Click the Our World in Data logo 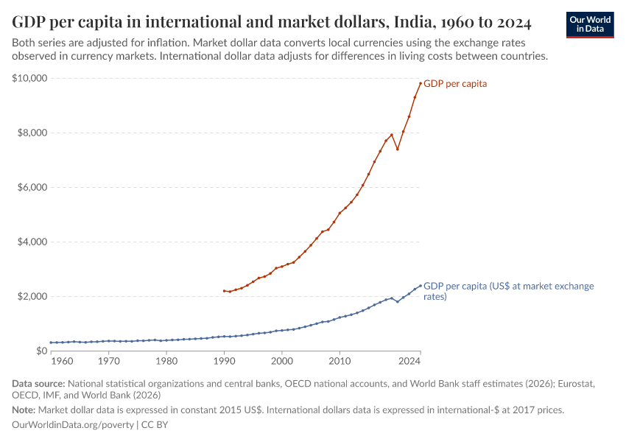589,24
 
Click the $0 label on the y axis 41,351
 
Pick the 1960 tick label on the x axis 63,362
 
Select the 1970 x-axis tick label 108,362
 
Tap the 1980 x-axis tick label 166,362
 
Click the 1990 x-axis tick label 224,362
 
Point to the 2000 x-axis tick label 281,362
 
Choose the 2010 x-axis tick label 339,362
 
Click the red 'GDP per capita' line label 455,84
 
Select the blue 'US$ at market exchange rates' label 508,291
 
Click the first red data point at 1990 224,290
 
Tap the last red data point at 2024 421,83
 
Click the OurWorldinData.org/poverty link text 73,425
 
